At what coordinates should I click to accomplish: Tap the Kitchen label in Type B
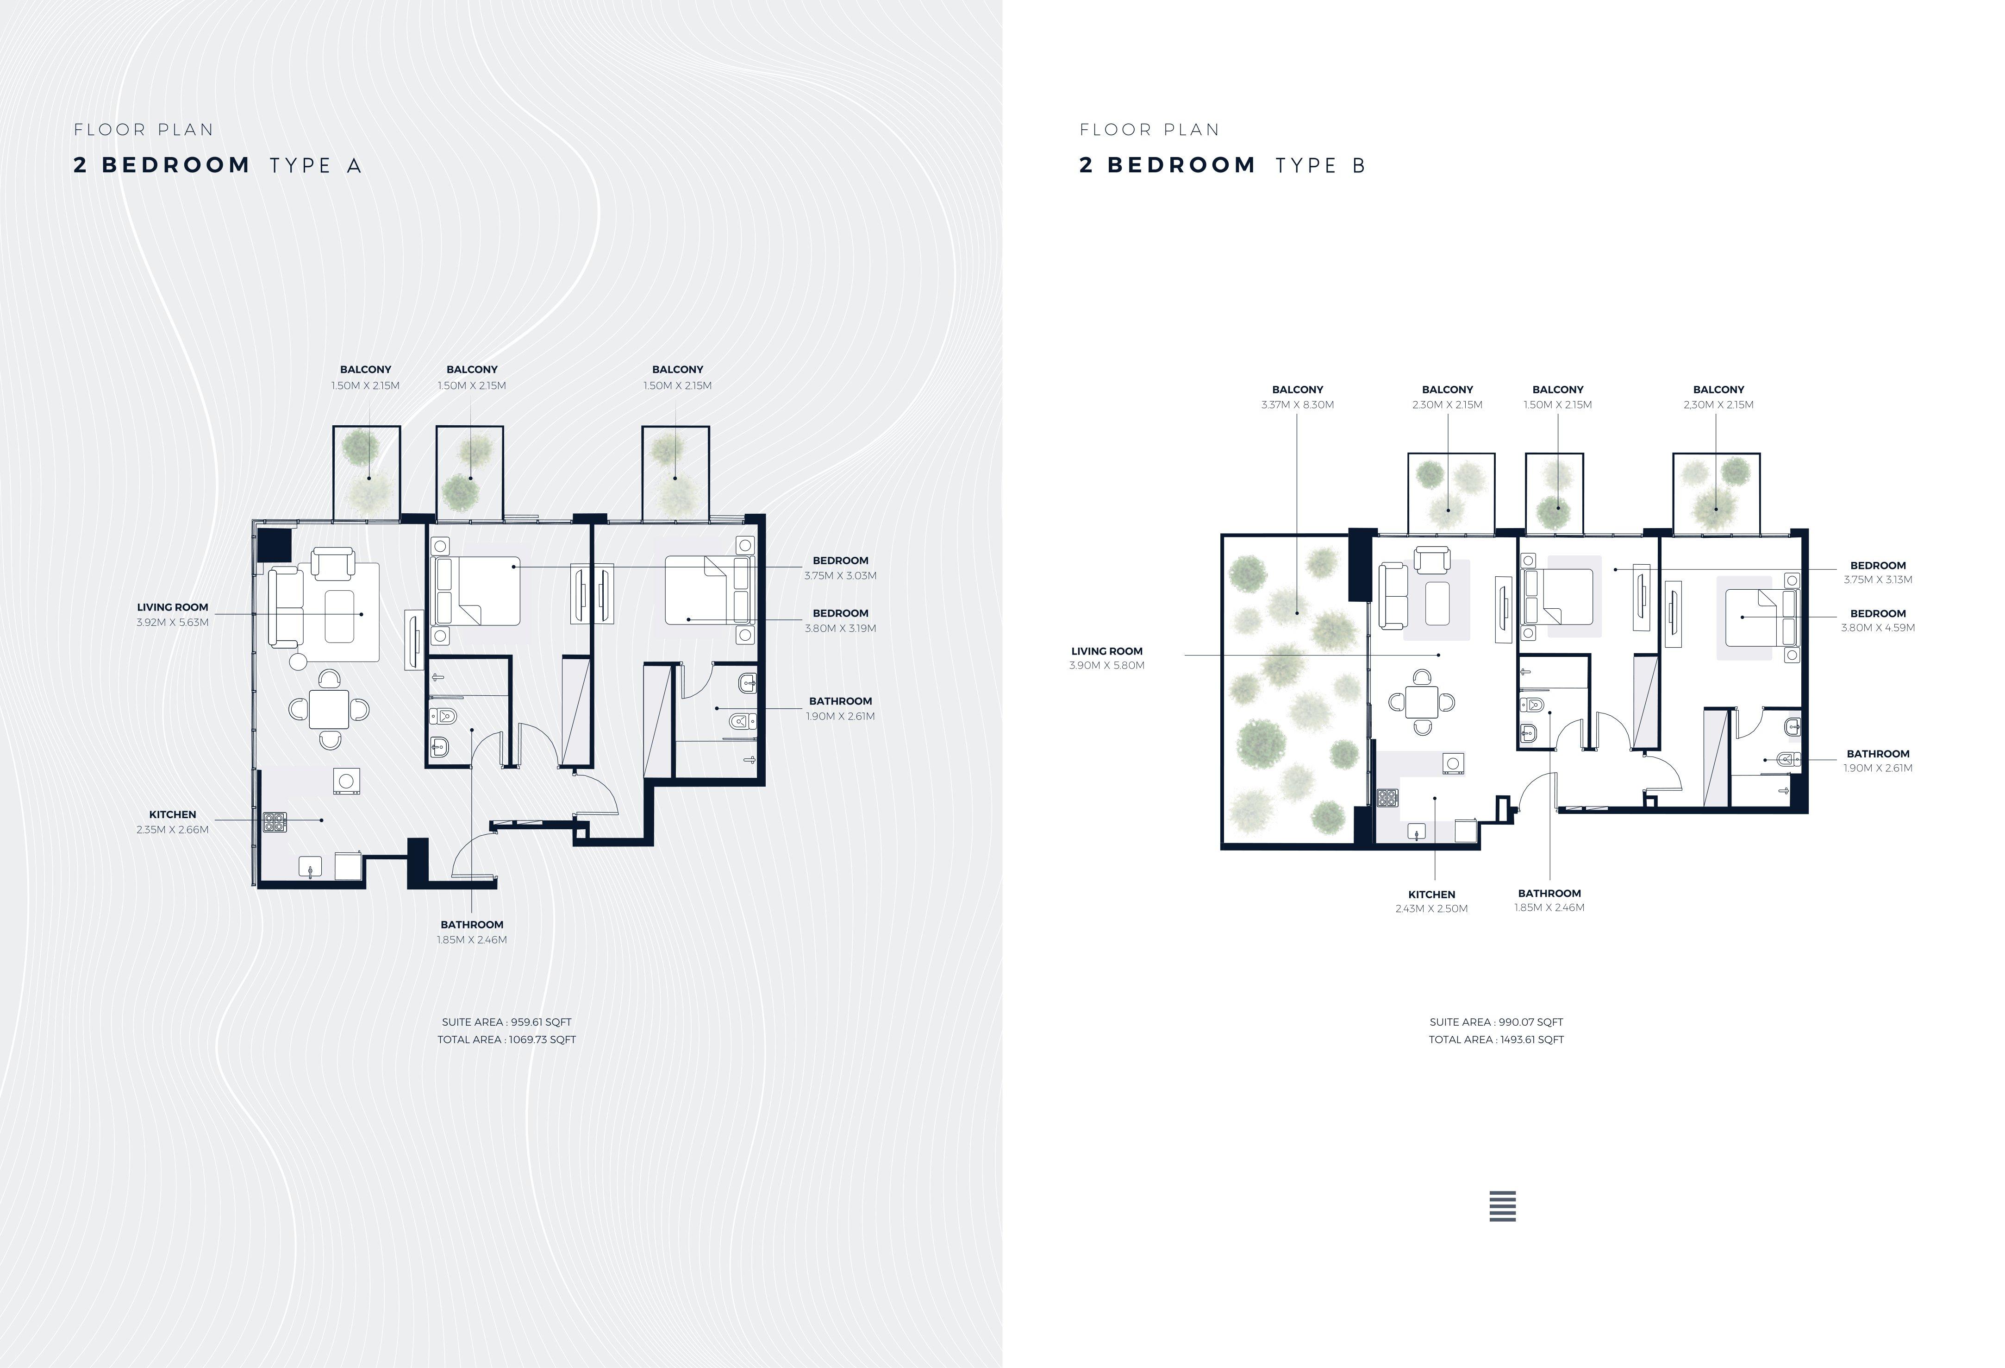(1431, 894)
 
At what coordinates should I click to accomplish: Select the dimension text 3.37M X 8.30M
(1298, 405)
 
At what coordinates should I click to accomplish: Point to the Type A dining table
(330, 709)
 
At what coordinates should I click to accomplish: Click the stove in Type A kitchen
(275, 822)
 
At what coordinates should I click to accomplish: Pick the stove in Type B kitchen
(1387, 798)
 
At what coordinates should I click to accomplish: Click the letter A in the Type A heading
(354, 166)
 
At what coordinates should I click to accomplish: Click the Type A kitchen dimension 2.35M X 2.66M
(173, 829)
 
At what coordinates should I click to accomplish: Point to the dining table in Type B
(1421, 702)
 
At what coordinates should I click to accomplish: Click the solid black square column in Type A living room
(275, 545)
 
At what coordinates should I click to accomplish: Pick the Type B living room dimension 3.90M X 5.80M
(1107, 665)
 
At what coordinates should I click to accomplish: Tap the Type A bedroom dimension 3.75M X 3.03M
(840, 576)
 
